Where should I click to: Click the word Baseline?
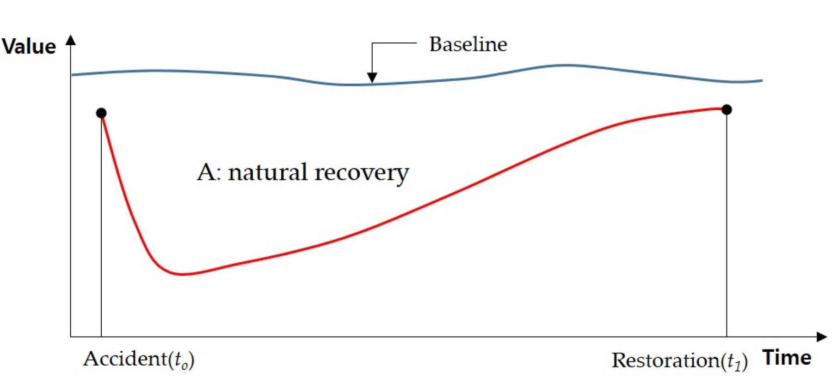(468, 44)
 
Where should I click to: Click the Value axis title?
(29, 47)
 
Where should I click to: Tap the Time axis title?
(787, 358)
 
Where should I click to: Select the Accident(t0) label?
(139, 359)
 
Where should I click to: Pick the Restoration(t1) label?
(679, 361)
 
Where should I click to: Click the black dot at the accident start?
(101, 113)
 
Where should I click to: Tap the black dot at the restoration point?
(727, 109)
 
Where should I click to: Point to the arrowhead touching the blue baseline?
(372, 78)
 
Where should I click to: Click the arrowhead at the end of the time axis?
(822, 337)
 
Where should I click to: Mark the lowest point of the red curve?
(183, 274)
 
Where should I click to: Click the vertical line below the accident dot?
(101, 231)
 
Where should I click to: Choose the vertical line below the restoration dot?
(727, 231)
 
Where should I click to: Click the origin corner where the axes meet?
(71, 337)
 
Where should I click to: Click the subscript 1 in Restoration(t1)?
(739, 365)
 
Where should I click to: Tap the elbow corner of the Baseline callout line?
(372, 43)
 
